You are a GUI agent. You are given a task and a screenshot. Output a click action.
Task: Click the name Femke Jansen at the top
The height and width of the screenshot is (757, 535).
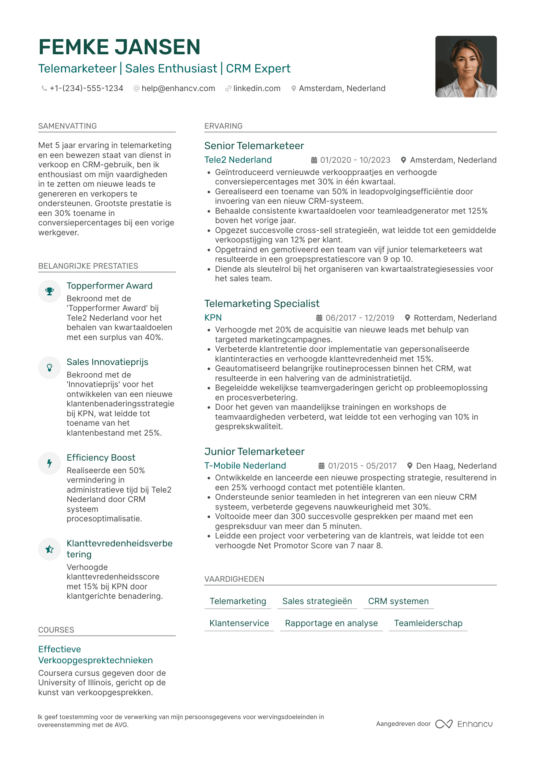coord(119,47)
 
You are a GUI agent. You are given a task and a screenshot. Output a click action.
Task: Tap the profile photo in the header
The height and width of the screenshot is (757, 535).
coord(466,66)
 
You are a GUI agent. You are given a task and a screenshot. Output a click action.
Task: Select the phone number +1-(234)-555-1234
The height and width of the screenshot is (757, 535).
coord(86,88)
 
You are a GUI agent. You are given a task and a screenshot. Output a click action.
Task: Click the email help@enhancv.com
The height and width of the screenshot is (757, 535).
coord(178,88)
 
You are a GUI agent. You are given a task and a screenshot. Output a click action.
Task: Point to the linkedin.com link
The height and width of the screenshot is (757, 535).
coord(256,88)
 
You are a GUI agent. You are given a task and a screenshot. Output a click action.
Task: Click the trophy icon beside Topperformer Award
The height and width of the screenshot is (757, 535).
coord(49,291)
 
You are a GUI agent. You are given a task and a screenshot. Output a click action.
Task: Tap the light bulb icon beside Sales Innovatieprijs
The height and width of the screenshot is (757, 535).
coord(49,368)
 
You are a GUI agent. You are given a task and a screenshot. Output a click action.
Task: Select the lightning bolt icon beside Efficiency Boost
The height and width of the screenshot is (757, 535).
coord(49,463)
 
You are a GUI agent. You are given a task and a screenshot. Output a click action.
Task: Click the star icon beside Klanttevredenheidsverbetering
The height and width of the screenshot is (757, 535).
coord(49,549)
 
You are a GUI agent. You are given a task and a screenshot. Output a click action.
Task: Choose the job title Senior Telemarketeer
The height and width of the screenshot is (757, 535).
coord(254,146)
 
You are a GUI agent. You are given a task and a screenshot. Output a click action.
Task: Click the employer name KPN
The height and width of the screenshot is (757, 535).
coord(213,318)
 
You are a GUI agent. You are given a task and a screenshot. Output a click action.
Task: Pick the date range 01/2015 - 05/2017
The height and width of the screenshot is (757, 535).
coord(362,466)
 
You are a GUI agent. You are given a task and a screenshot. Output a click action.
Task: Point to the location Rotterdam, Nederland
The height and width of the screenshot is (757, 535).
coord(455,318)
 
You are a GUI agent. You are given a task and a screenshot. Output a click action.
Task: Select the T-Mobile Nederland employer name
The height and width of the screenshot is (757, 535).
coord(245,466)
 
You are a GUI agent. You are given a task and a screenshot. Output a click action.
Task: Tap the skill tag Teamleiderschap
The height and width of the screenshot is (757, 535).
coord(428,623)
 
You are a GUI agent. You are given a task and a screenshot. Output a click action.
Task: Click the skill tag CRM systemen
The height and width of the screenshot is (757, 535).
coord(398,601)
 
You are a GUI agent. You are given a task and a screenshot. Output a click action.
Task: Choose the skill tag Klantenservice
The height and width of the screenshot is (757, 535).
coord(239,623)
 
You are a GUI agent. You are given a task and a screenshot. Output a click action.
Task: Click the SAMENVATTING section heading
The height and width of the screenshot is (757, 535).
coord(68,126)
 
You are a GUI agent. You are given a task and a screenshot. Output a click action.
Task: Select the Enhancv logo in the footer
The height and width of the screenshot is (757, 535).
coord(464,724)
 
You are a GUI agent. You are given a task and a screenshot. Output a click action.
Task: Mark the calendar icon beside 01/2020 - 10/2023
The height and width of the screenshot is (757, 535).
coord(314,160)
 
